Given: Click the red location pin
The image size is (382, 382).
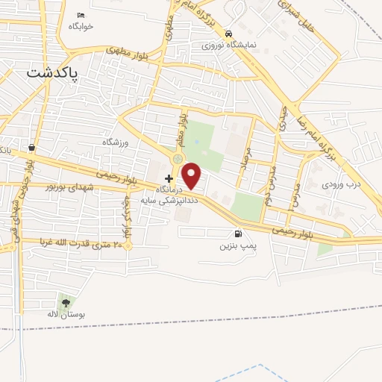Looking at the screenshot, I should [x=192, y=176].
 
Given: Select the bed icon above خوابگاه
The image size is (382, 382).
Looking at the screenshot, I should [x=81, y=16].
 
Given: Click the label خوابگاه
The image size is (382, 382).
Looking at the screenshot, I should [x=81, y=27].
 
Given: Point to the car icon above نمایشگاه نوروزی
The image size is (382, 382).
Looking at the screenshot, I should [x=228, y=34].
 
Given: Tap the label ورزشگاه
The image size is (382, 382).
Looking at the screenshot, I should [x=116, y=141].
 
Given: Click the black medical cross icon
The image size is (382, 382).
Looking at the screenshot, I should [x=169, y=178].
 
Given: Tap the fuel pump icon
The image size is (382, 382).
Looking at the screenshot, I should [x=238, y=233].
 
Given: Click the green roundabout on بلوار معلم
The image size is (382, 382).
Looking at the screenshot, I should [x=178, y=158].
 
